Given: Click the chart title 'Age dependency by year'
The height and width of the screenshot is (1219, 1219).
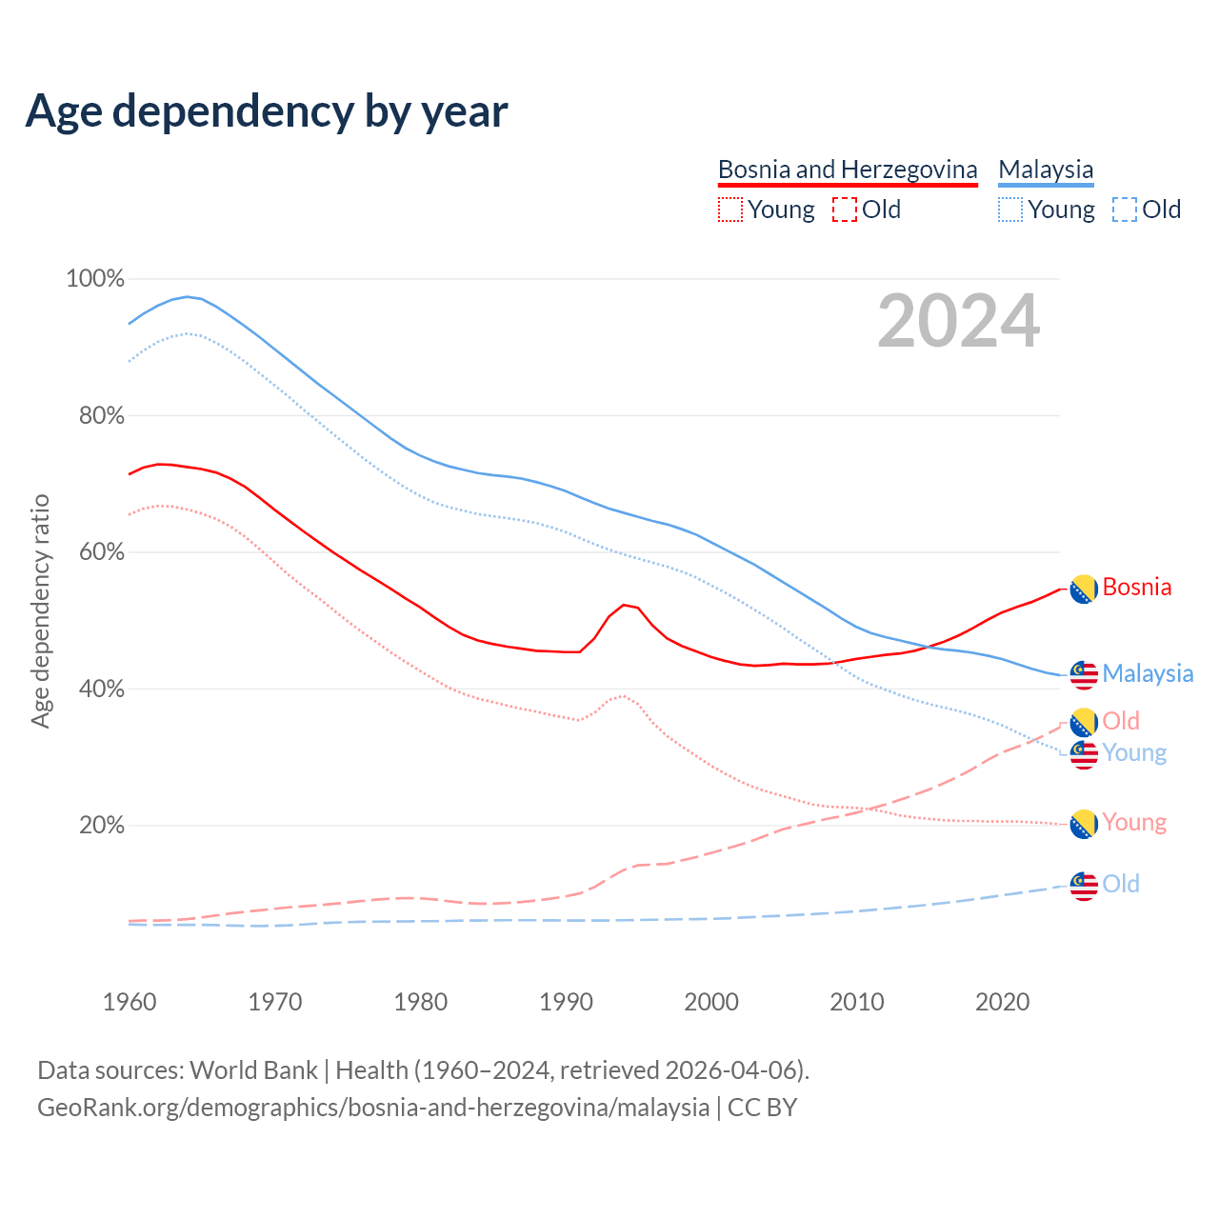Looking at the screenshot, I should tap(267, 110).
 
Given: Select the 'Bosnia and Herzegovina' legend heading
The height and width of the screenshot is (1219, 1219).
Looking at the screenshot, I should tap(848, 170).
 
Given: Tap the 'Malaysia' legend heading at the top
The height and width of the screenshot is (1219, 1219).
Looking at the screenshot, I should tap(1046, 170).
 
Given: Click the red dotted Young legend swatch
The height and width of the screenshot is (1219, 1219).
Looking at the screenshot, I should tap(730, 210).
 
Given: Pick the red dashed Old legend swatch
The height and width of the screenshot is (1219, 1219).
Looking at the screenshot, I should tap(845, 210).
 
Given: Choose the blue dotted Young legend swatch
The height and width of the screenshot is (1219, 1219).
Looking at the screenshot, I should tap(1010, 210).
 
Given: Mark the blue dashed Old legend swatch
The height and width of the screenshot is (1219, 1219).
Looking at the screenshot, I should tap(1125, 210).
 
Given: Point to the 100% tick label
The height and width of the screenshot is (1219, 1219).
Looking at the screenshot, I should tap(95, 279).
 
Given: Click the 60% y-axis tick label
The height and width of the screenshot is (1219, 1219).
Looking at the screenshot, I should tap(101, 552).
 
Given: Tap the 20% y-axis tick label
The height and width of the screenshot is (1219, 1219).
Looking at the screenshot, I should tap(101, 826).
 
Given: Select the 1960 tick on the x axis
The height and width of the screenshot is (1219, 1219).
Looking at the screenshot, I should tap(130, 1002).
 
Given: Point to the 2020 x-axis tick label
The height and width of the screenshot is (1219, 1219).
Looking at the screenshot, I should tap(1002, 1002).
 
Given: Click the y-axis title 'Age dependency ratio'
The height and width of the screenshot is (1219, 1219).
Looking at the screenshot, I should tap(40, 610).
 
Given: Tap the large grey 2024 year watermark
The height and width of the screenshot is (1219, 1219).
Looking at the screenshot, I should tap(958, 322).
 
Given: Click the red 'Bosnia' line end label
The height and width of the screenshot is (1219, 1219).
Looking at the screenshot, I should tap(1137, 588).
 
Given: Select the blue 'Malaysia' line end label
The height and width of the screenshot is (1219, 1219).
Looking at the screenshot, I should tap(1148, 673).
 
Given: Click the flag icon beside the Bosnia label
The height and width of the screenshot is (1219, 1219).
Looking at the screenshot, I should tap(1084, 590).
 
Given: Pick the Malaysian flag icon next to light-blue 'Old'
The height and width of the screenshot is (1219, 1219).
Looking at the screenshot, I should tap(1084, 886).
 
